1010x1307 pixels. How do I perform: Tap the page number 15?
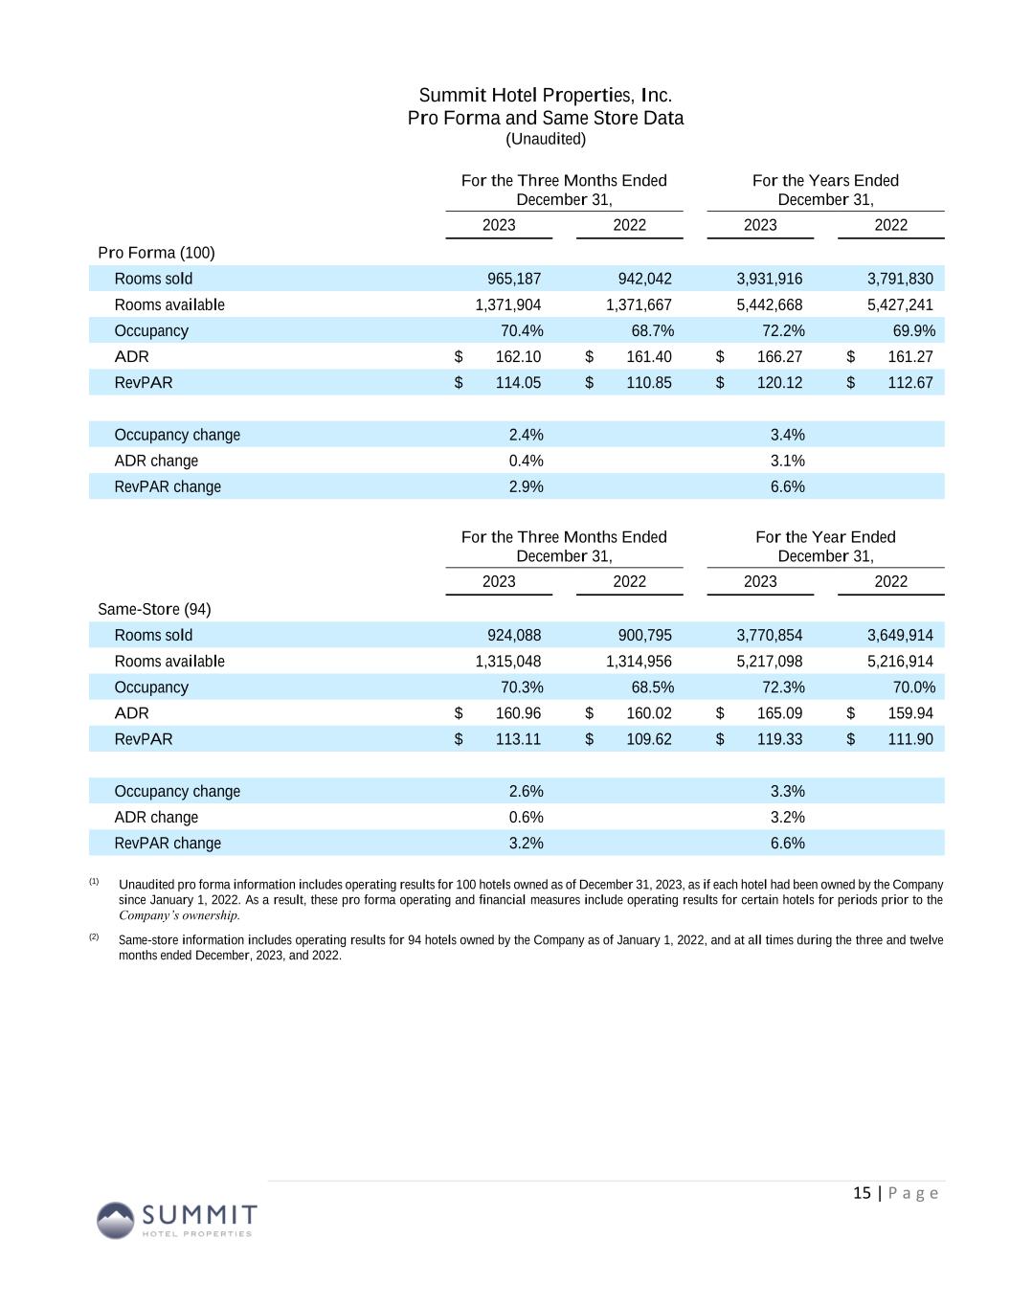point(862,1192)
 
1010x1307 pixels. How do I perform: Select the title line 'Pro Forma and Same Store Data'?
point(546,118)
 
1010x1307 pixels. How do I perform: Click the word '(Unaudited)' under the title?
point(546,139)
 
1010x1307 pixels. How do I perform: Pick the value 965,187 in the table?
point(514,279)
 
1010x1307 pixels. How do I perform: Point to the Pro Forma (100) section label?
point(156,253)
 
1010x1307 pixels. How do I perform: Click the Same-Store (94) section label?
point(154,609)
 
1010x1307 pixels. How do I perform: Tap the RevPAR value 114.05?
point(518,382)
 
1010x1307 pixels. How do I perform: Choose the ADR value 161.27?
point(909,356)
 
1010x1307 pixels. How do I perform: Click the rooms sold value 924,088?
point(514,635)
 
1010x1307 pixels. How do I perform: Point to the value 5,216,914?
point(900,661)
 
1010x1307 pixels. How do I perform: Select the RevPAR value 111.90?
point(909,738)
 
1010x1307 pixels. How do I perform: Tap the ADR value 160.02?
point(648,712)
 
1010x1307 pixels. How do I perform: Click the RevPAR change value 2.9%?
point(526,486)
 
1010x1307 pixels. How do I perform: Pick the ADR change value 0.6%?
point(526,817)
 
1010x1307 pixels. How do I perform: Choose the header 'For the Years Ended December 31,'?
point(825,190)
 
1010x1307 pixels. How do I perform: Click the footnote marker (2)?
point(94,936)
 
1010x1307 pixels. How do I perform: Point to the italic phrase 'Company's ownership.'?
point(179,914)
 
